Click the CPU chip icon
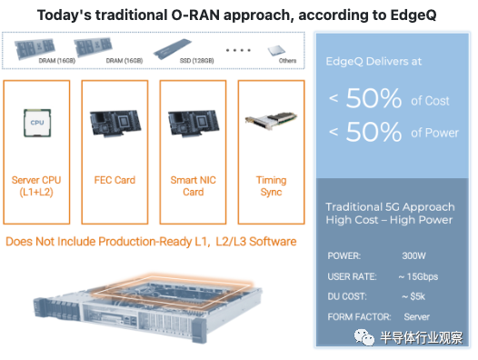(37, 123)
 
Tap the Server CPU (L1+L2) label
(36, 185)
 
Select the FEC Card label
(115, 180)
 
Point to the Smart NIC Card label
(193, 185)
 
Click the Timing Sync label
(271, 185)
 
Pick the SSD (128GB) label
(196, 60)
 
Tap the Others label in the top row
(287, 60)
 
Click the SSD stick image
(173, 48)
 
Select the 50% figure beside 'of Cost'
(373, 98)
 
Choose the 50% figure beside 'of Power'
(373, 132)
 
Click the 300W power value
(413, 255)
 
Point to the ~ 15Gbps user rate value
(418, 276)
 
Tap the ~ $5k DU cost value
(413, 296)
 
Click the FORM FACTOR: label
(359, 316)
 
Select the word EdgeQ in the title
(413, 15)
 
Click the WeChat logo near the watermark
(364, 337)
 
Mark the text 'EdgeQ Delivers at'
(373, 61)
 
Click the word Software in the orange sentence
(273, 241)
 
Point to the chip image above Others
(276, 50)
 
